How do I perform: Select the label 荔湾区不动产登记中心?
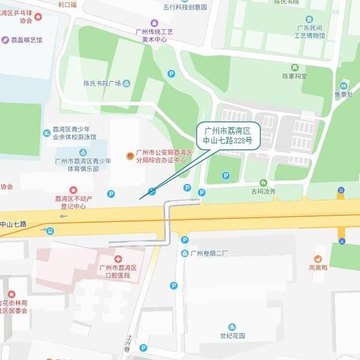(75, 202)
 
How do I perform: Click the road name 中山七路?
(13, 223)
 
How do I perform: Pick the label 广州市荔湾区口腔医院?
(116, 271)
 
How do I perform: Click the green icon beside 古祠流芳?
(262, 182)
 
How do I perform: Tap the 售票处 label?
(343, 94)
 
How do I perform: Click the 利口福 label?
(68, 4)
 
